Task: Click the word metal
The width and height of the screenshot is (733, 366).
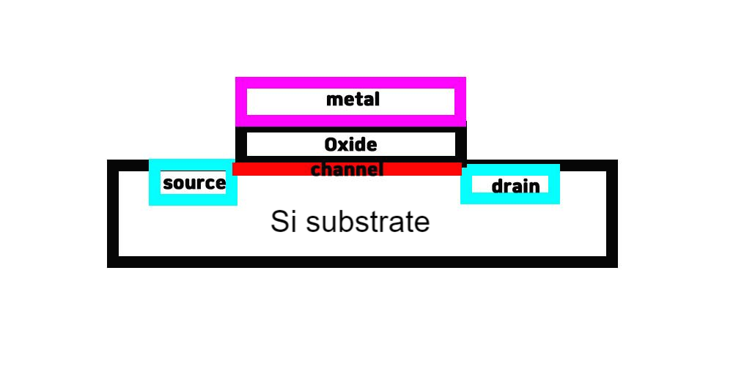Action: coord(353,100)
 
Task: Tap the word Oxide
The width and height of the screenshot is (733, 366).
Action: coord(350,144)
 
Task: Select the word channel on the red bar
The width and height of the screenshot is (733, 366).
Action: coord(347,170)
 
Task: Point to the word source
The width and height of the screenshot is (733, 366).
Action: coord(194,183)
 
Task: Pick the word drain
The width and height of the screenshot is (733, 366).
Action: coord(515,187)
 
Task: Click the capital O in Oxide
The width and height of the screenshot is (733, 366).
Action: coord(331,144)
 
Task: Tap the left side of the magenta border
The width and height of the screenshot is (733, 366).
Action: coord(241,101)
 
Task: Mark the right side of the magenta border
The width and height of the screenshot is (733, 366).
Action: coord(460,101)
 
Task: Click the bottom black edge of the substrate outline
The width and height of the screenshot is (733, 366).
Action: coord(362,261)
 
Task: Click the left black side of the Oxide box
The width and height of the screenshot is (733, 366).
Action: coord(241,143)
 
